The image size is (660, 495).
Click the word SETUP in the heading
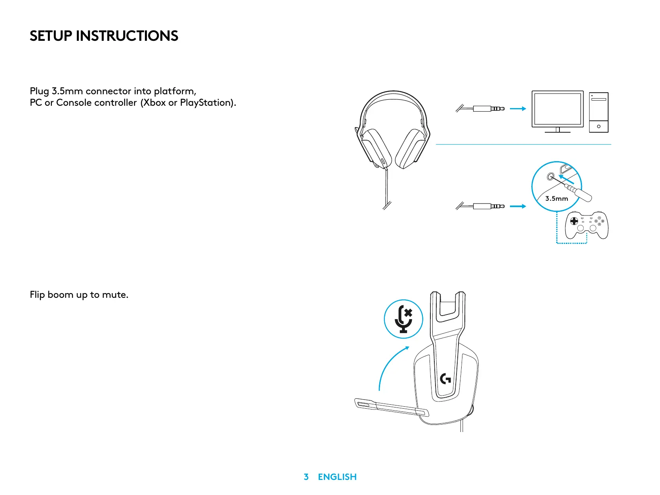51,36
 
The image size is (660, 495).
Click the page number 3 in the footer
306,477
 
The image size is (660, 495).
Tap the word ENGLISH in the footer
337,477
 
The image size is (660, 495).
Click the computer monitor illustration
557,110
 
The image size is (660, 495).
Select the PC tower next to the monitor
599,112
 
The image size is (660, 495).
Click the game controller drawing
586,225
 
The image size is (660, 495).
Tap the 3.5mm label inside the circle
556,198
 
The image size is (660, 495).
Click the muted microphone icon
403,319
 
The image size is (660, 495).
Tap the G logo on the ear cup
446,379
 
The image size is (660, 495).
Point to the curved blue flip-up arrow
390,366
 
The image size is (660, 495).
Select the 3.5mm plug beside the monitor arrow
489,109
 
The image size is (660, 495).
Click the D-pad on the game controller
574,221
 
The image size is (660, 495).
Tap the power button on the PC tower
599,126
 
